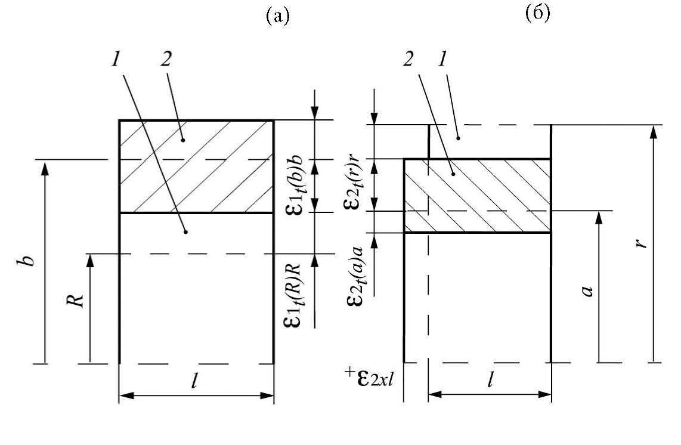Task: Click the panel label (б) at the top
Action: [537, 14]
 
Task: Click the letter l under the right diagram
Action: [490, 381]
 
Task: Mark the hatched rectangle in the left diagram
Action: [197, 166]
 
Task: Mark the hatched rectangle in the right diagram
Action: [477, 196]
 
